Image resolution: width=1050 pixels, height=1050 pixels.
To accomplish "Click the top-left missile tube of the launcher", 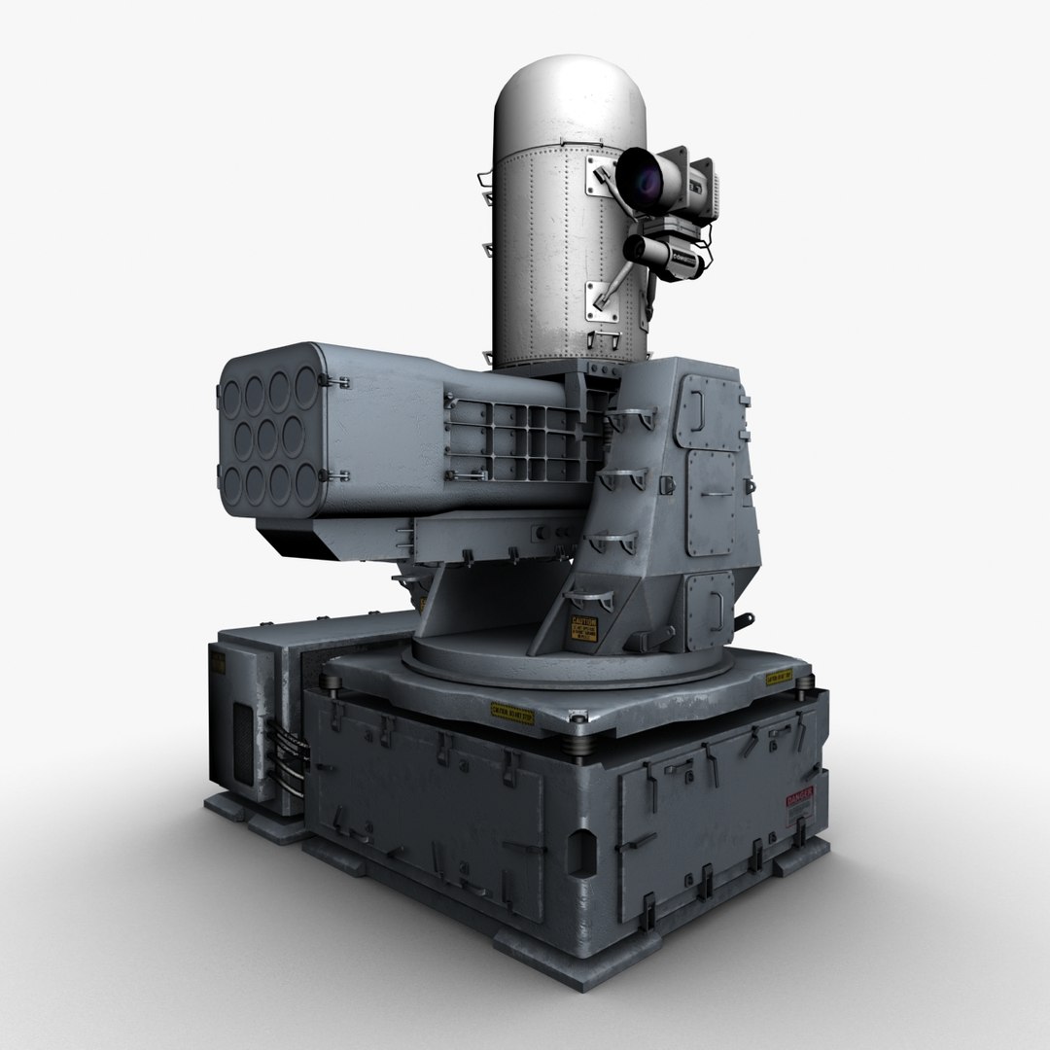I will point(233,393).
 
